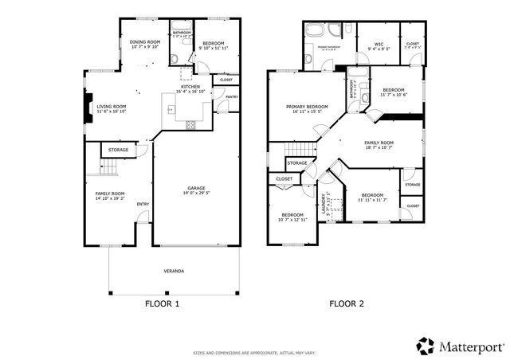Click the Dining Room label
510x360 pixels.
145,41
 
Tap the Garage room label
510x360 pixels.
196,188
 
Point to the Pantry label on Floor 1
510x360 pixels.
232,97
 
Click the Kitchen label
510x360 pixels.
190,86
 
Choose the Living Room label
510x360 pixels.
112,106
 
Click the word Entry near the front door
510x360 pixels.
143,204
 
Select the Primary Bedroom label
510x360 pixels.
307,106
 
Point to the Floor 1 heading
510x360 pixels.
162,303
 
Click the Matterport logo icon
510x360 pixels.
426,346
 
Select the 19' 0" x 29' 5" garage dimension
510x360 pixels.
196,194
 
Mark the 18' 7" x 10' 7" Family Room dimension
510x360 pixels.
379,147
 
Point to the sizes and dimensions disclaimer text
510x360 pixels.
254,353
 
